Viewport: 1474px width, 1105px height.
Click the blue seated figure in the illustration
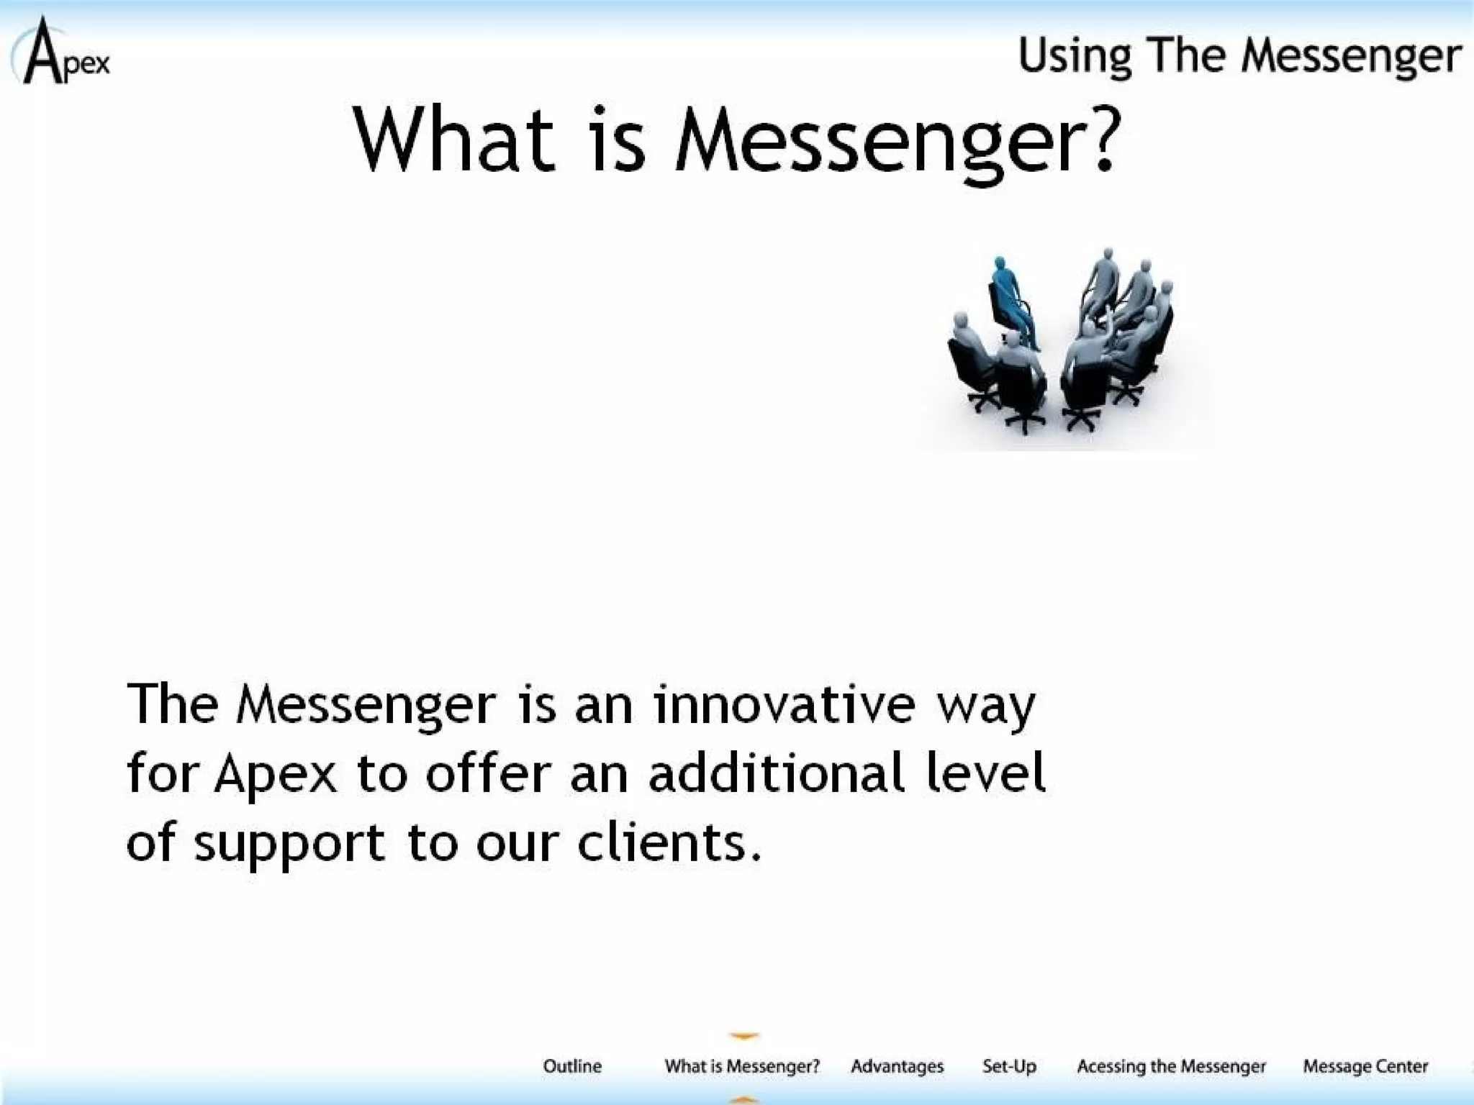coord(1011,302)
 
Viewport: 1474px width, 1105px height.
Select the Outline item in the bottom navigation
coord(572,1066)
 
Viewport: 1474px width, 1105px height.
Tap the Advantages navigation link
coord(897,1066)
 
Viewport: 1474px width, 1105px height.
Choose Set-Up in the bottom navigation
coord(1009,1066)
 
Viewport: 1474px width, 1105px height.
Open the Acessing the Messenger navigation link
coord(1171,1066)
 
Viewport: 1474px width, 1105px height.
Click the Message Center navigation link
coord(1365,1066)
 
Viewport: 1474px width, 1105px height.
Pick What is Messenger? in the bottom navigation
coord(742,1066)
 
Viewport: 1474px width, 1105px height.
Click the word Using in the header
coord(1074,56)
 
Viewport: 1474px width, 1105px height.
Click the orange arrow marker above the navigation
coord(743,1036)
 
